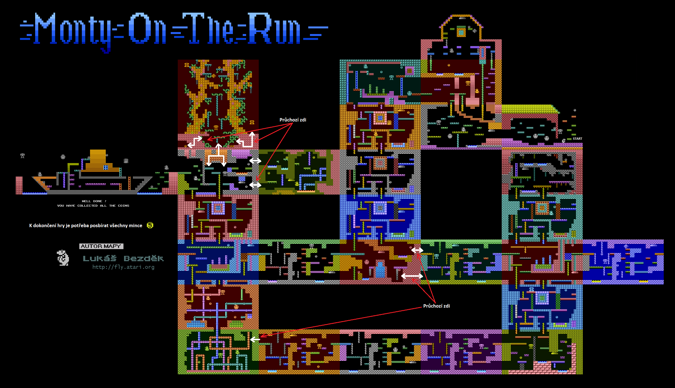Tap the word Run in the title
click(x=274, y=28)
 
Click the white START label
click(x=577, y=139)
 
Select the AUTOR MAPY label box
click(x=101, y=246)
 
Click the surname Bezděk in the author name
click(x=143, y=258)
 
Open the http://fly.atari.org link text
click(x=123, y=267)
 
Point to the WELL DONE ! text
click(x=94, y=201)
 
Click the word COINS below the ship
click(x=123, y=206)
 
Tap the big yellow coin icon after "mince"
click(x=150, y=225)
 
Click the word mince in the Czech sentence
click(x=136, y=225)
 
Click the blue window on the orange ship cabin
click(x=106, y=168)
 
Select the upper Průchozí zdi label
click(x=293, y=120)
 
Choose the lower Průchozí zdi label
click(x=436, y=306)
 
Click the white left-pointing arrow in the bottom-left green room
click(x=255, y=339)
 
